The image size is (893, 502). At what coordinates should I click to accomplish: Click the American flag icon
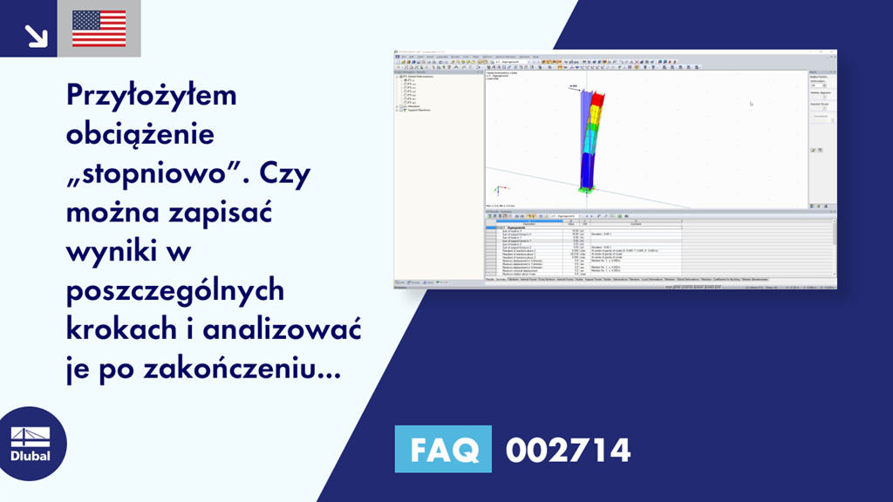[99, 29]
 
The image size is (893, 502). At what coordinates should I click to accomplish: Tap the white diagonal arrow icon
[36, 35]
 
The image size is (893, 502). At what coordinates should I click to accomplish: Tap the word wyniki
[108, 252]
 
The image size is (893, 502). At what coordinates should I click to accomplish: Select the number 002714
[568, 450]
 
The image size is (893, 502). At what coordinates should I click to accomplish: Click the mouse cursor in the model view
[751, 104]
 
